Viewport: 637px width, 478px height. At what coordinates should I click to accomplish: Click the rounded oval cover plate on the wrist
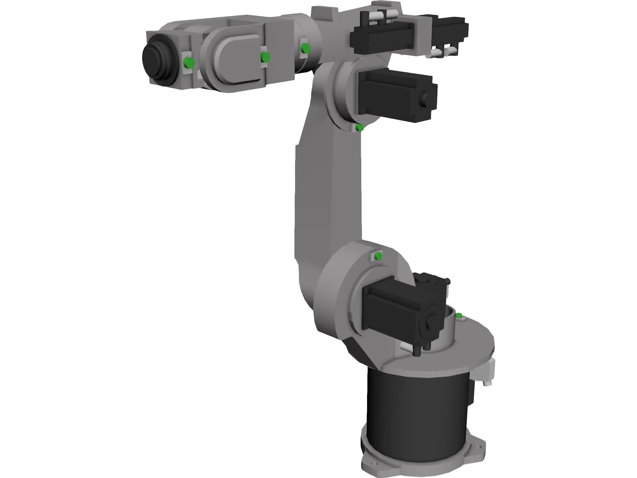pyautogui.click(x=235, y=58)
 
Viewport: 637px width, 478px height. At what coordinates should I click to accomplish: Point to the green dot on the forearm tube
pyautogui.click(x=305, y=49)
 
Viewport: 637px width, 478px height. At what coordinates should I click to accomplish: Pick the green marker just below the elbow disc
pyautogui.click(x=360, y=128)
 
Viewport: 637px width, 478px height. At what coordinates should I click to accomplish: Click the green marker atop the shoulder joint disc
pyautogui.click(x=378, y=256)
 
